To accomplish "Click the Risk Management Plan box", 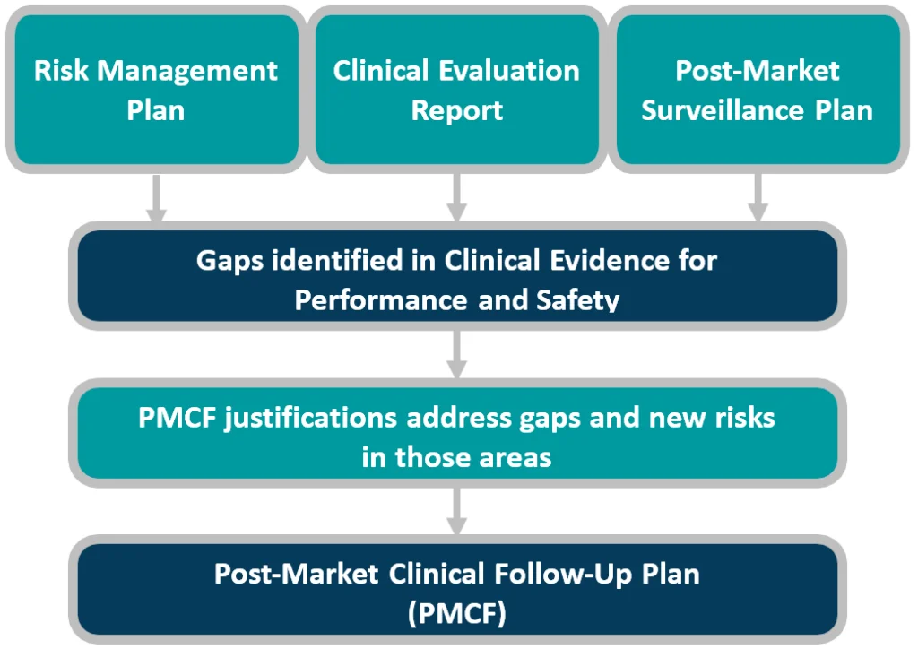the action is (x=156, y=90).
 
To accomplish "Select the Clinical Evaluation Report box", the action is (x=456, y=90).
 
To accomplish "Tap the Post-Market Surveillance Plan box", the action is (x=758, y=90).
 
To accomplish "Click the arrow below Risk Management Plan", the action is (x=156, y=198).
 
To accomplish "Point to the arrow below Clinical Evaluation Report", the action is (x=456, y=198).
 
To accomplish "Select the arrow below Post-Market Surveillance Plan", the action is (x=758, y=198).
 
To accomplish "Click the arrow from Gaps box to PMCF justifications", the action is (x=456, y=354).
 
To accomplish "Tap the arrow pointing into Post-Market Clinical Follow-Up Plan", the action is (x=456, y=511).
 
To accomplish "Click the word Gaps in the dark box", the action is (x=229, y=262).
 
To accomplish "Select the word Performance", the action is (x=381, y=300).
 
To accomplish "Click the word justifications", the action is (x=311, y=419).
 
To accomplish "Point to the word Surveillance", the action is (x=723, y=110).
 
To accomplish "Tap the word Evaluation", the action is (x=509, y=71).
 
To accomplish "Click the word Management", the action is (x=187, y=72).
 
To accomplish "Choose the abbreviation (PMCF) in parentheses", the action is (x=456, y=614).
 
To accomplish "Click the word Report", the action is (x=456, y=111).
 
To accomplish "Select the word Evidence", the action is (x=610, y=261).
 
